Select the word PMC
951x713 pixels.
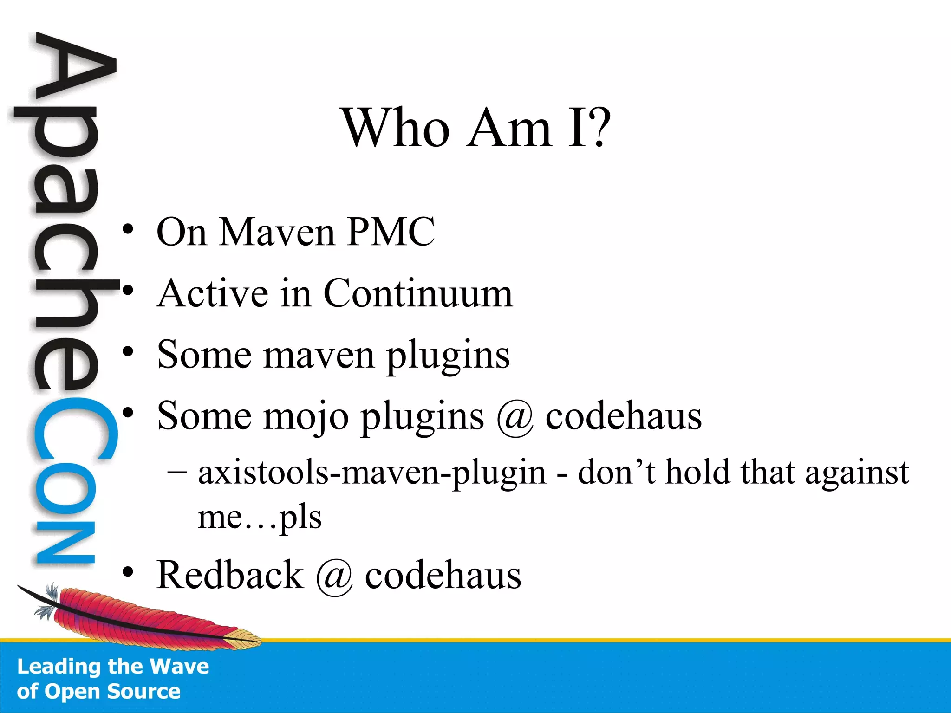click(391, 232)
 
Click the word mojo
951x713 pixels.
click(306, 416)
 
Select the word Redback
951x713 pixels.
click(230, 575)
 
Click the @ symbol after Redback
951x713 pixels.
click(334, 576)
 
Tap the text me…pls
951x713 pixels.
click(260, 517)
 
